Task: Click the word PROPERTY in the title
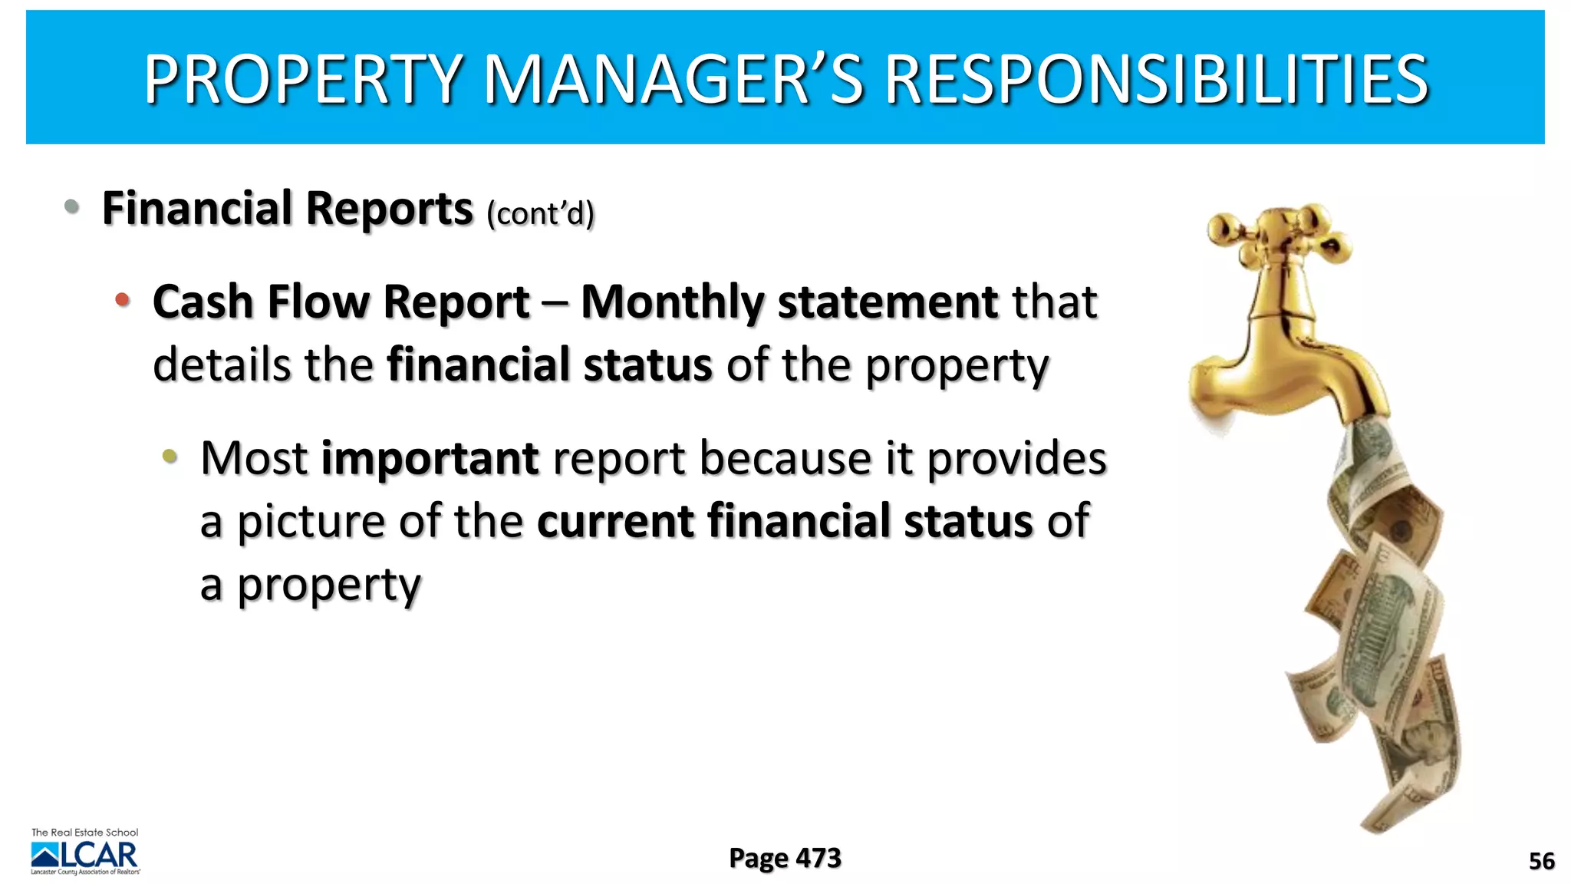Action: coord(303,79)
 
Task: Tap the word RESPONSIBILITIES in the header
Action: coord(1157,79)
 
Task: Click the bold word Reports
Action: coord(389,209)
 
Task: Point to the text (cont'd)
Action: coord(541,213)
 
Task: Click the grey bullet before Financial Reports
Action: coord(72,206)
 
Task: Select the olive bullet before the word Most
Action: coord(170,457)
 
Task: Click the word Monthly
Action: coord(672,302)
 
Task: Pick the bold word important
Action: coord(430,459)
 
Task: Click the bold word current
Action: coord(615,522)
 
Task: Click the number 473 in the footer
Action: coord(818,858)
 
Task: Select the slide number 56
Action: coord(1541,861)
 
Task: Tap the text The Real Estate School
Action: coord(84,833)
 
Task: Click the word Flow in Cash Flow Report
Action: coord(318,302)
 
